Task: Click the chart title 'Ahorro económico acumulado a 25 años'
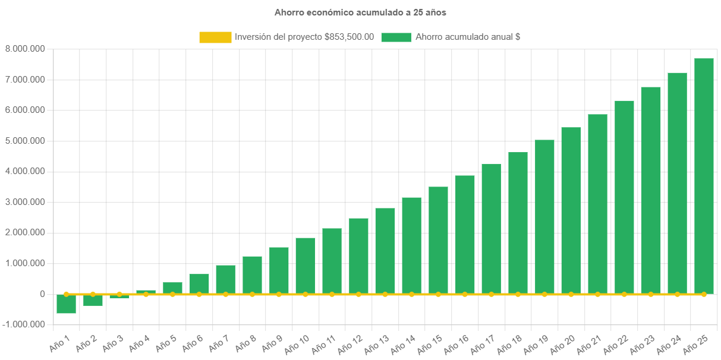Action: [x=360, y=12]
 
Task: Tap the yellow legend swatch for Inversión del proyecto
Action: [x=215, y=37]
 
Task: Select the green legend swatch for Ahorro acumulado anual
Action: [x=396, y=37]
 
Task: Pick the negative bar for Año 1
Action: [x=66, y=304]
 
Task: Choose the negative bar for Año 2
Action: [x=93, y=300]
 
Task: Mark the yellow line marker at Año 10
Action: [x=306, y=294]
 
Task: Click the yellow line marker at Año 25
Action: [x=704, y=294]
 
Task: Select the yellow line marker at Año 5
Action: [x=172, y=294]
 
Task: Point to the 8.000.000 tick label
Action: [x=25, y=49]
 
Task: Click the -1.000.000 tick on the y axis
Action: [x=24, y=324]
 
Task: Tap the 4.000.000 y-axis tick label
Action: [x=25, y=171]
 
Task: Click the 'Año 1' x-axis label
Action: [x=60, y=344]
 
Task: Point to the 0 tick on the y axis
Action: [x=42, y=294]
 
